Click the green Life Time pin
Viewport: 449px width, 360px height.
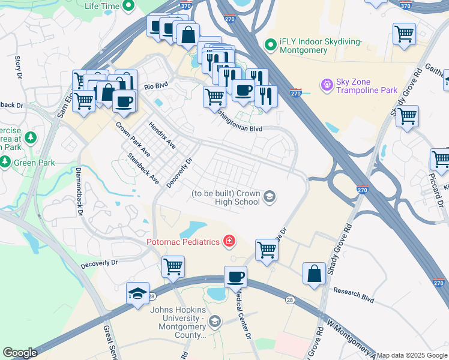pos(128,6)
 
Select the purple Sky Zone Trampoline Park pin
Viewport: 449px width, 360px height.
pos(327,86)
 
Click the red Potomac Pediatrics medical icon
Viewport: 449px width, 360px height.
pos(228,241)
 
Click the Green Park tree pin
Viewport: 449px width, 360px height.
pos(5,162)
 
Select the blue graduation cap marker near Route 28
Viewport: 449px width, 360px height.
pos(137,294)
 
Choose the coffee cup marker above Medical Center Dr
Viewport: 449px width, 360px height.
pos(235,277)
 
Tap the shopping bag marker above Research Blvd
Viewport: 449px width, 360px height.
pos(314,274)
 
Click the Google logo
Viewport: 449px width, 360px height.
pos(20,353)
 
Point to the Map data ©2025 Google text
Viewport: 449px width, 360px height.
pos(412,355)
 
